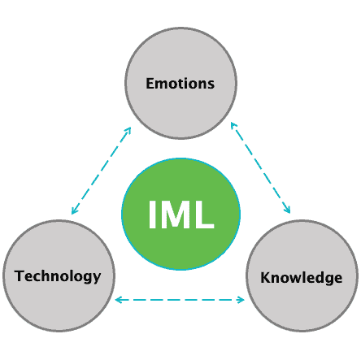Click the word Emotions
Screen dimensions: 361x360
click(x=180, y=83)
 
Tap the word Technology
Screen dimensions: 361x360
click(x=58, y=276)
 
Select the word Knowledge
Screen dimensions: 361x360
click(x=302, y=278)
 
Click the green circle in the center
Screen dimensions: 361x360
click(x=180, y=214)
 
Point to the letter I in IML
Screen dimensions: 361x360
click(x=152, y=215)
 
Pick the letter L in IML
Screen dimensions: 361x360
click(x=205, y=215)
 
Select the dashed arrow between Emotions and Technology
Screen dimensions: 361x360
click(x=102, y=171)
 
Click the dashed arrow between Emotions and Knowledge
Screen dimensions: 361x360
click(x=260, y=167)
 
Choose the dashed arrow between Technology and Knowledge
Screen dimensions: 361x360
click(x=180, y=300)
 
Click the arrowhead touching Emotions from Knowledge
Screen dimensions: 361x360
click(x=233, y=126)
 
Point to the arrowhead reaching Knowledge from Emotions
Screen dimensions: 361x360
click(x=287, y=210)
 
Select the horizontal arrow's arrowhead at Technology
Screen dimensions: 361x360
click(x=118, y=300)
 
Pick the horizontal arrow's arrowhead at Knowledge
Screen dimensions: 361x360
click(x=241, y=300)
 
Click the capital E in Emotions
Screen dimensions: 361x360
click(x=150, y=83)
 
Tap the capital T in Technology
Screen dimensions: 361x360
click(x=20, y=275)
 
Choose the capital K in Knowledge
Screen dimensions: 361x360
click(x=265, y=277)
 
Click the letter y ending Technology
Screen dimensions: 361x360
click(x=97, y=279)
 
